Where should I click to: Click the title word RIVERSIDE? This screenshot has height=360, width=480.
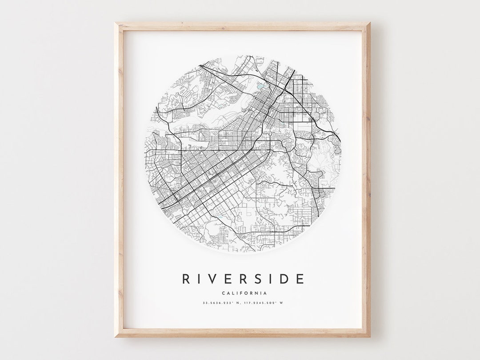click(243, 279)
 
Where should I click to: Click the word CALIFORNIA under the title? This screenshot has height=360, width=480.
click(243, 293)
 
